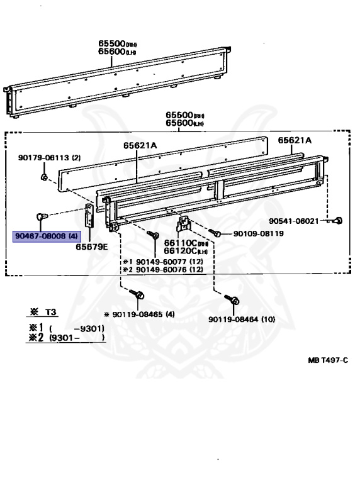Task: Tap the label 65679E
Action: click(92, 247)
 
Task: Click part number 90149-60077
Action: click(165, 262)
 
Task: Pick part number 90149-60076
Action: click(165, 270)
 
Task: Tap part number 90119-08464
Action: click(242, 319)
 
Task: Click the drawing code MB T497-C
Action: click(328, 360)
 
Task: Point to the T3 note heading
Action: click(43, 313)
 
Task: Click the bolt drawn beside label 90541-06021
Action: click(339, 220)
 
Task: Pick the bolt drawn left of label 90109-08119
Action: click(215, 233)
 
